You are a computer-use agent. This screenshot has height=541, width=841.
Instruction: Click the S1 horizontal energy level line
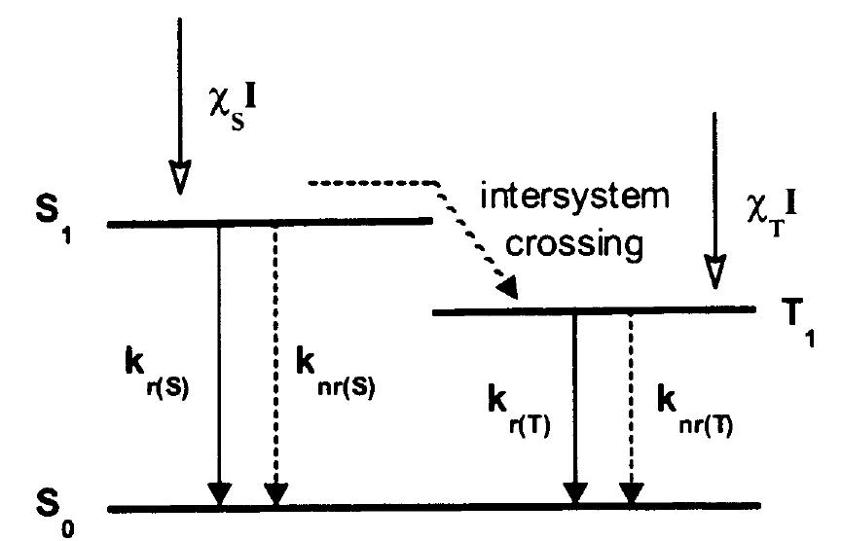(269, 223)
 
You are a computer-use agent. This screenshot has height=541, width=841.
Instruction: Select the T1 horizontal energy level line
(594, 311)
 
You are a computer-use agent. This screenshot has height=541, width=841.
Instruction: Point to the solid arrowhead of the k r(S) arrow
(221, 493)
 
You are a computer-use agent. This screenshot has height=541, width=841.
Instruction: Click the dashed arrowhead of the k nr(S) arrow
(276, 493)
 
